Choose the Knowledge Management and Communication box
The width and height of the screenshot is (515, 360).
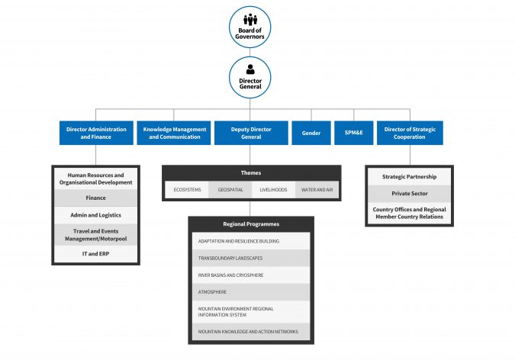pyautogui.click(x=175, y=133)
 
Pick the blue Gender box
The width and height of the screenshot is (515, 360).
pyautogui.click(x=311, y=133)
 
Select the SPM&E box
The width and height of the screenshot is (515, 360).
pyautogui.click(x=353, y=133)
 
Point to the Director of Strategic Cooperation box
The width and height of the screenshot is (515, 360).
pyautogui.click(x=410, y=133)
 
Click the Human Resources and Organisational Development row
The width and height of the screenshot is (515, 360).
pyautogui.click(x=95, y=179)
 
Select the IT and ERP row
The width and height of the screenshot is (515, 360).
pyautogui.click(x=95, y=253)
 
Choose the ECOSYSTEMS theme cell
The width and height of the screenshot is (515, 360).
pyautogui.click(x=187, y=189)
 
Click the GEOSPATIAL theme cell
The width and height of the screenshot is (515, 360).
pyautogui.click(x=230, y=189)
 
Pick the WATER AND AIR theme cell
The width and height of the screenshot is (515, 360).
pyautogui.click(x=317, y=189)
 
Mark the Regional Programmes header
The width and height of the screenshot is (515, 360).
pyautogui.click(x=251, y=224)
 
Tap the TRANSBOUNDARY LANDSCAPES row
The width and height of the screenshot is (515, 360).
pyautogui.click(x=251, y=258)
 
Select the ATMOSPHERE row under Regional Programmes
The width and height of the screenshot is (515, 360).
pyautogui.click(x=251, y=291)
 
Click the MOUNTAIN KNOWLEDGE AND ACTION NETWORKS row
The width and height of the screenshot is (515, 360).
pyautogui.click(x=251, y=332)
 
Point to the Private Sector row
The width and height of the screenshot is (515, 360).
pyautogui.click(x=410, y=194)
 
